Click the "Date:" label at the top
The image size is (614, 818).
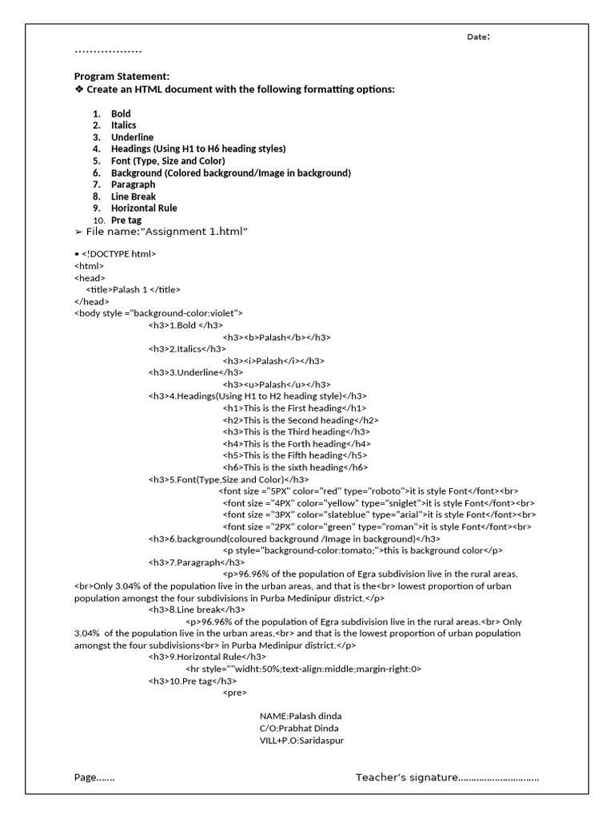pyautogui.click(x=478, y=37)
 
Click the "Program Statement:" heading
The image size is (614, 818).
pyautogui.click(x=122, y=76)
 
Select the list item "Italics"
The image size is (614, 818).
pyautogui.click(x=124, y=125)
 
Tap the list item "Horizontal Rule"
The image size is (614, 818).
pyautogui.click(x=144, y=208)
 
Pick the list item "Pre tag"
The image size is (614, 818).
pyautogui.click(x=127, y=220)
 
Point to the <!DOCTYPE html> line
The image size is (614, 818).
pyautogui.click(x=118, y=254)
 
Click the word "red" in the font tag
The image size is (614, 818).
pyautogui.click(x=331, y=490)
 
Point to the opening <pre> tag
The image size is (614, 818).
pyautogui.click(x=235, y=693)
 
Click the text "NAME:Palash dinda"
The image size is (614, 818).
pyautogui.click(x=300, y=717)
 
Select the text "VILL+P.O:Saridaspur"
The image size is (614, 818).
pyautogui.click(x=301, y=741)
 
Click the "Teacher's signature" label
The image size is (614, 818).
pyautogui.click(x=406, y=777)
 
